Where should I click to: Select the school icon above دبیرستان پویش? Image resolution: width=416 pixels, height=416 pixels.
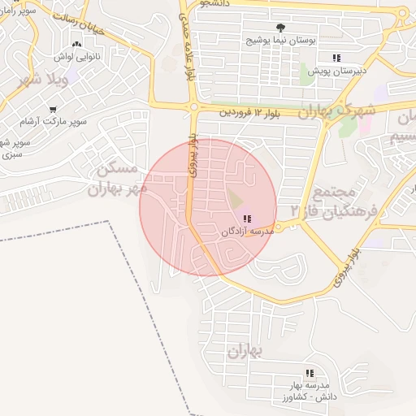pos(336,58)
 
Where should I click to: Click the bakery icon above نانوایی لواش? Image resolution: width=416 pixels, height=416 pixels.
pos(77,45)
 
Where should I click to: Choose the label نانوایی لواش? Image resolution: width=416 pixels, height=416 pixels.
pos(77,58)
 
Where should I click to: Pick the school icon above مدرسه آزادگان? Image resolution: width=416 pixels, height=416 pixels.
pos(247,219)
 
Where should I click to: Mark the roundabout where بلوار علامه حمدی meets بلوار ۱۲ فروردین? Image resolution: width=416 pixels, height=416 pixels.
pos(193,106)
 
